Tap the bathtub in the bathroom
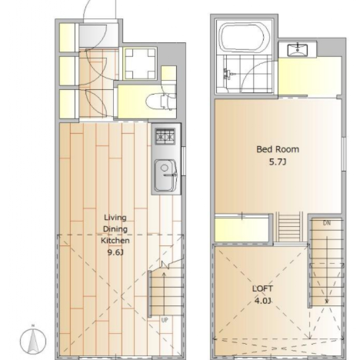pyautogui.click(x=245, y=38)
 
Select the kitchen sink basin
pyautogui.click(x=165, y=175)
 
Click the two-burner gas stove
pyautogui.click(x=165, y=136)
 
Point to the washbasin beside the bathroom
pyautogui.click(x=298, y=50)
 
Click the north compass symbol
pyautogui.click(x=33, y=340)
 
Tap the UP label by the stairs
pyautogui.click(x=165, y=320)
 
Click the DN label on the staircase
pyautogui.click(x=327, y=223)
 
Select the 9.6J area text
pyautogui.click(x=115, y=252)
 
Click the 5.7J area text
pyautogui.click(x=278, y=162)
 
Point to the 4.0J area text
pyautogui.click(x=262, y=301)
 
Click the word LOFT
pyautogui.click(x=262, y=288)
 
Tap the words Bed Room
pyautogui.click(x=278, y=149)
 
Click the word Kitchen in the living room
pyautogui.click(x=115, y=241)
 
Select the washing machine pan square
pyautogui.click(x=140, y=64)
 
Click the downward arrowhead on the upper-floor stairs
pyautogui.click(x=327, y=302)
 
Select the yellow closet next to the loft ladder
pyautogui.click(x=242, y=230)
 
